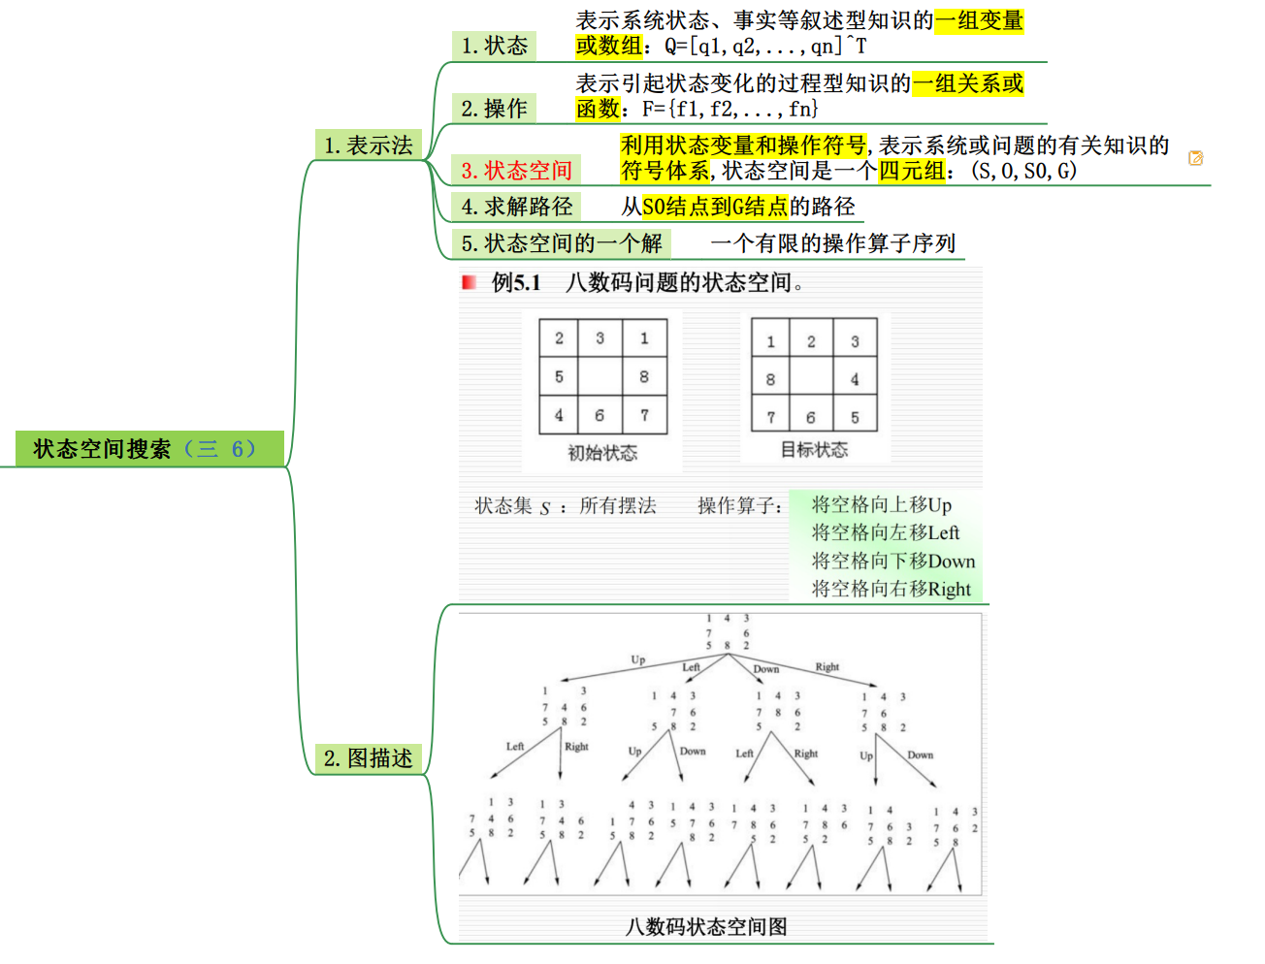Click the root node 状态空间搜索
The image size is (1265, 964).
[146, 449]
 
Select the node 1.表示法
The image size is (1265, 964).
[368, 145]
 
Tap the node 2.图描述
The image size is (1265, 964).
[368, 758]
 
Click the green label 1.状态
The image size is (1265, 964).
[494, 46]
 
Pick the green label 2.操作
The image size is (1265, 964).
[494, 109]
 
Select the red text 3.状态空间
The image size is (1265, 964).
[516, 171]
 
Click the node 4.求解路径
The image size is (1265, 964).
[516, 207]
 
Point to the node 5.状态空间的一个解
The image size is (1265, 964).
[561, 243]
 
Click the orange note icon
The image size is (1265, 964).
[1195, 158]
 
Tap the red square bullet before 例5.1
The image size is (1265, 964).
[470, 282]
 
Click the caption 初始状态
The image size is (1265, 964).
[601, 453]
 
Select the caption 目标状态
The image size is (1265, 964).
[814, 450]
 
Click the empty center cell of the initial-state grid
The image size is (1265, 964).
[600, 376]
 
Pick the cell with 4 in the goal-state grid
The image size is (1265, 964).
[855, 379]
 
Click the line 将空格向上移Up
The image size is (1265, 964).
[881, 504]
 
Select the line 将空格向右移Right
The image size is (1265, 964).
[891, 589]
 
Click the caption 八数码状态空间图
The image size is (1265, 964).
[706, 927]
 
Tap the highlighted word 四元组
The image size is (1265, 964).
[911, 172]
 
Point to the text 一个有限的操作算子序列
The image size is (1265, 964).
[833, 243]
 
